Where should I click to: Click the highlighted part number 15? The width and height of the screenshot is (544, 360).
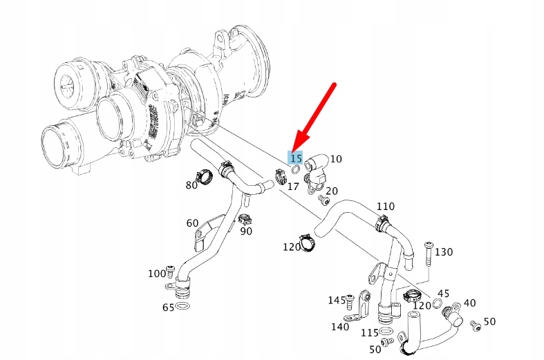pos(296,158)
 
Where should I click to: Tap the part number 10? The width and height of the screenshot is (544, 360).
pos(336,159)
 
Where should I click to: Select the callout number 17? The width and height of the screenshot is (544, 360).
pos(293,187)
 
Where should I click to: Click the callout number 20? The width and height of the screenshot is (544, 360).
pos(332,191)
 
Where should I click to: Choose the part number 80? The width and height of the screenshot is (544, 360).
pos(191,185)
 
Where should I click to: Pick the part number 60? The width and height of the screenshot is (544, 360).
pos(192,222)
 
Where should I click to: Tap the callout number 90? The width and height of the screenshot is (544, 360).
pos(246,231)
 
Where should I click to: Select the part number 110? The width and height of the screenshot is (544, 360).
pos(386,207)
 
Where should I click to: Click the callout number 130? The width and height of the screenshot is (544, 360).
pos(444,252)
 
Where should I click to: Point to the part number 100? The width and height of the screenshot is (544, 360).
pos(157,274)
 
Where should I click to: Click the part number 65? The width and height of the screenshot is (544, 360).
pos(168,307)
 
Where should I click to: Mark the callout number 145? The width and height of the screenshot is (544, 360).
pos(337,300)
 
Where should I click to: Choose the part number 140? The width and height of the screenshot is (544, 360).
pos(340,327)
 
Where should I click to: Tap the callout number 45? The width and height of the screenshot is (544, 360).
pos(444,294)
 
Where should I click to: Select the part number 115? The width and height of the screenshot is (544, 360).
pos(370,332)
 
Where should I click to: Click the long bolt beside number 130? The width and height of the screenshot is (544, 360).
pos(429,255)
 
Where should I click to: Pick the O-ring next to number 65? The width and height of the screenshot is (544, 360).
pos(182,305)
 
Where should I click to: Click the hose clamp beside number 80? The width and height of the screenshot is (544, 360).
pos(202,176)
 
